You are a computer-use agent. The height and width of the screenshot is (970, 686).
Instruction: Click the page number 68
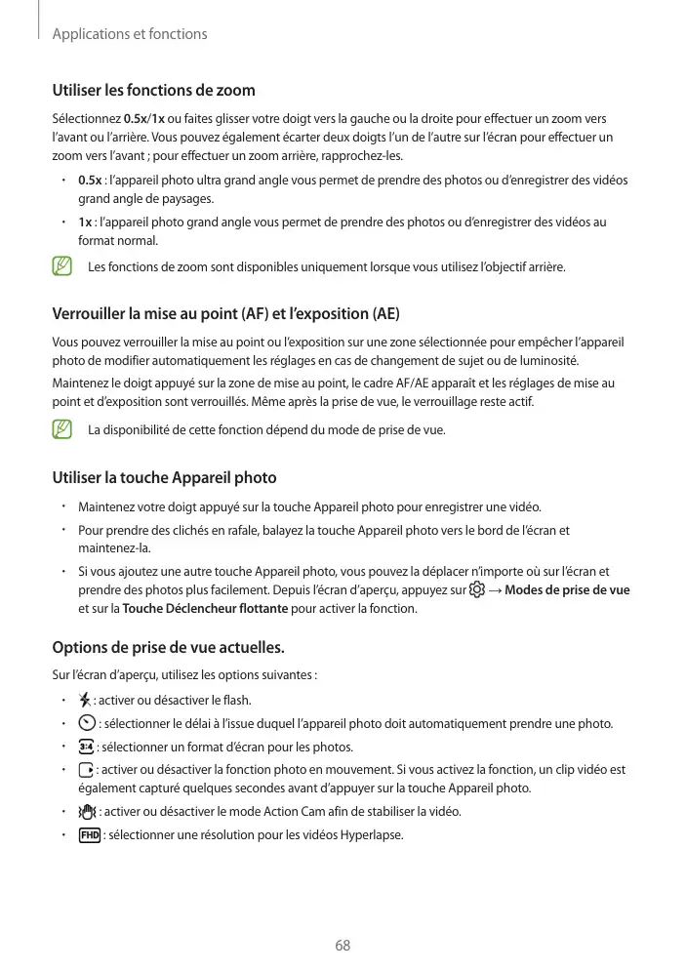[x=343, y=945]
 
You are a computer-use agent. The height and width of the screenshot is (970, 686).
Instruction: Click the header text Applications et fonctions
[x=130, y=34]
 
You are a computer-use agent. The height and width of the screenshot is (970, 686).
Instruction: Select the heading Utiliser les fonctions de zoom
[x=153, y=91]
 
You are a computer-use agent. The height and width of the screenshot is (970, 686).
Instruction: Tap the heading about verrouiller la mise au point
[x=225, y=314]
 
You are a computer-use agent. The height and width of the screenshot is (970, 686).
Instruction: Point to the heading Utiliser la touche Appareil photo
[x=164, y=477]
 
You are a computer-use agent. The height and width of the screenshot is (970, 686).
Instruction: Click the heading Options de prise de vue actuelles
[x=168, y=647]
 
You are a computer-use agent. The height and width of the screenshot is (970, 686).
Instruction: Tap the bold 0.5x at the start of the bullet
[x=90, y=181]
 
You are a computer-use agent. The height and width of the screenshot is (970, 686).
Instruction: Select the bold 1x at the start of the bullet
[x=85, y=222]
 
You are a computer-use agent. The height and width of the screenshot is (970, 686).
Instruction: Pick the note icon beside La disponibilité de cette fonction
[x=62, y=429]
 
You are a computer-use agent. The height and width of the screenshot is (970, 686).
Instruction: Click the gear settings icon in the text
[x=476, y=590]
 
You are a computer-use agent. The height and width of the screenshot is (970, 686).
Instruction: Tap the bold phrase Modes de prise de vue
[x=567, y=590]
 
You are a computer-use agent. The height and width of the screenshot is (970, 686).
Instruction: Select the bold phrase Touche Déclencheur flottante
[x=205, y=609]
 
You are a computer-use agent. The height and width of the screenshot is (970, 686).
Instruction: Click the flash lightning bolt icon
[x=85, y=700]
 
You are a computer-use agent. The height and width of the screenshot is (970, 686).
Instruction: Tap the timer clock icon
[x=87, y=723]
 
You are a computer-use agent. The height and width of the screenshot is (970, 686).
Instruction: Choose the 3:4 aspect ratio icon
[x=87, y=747]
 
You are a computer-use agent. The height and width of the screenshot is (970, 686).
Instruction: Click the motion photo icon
[x=86, y=770]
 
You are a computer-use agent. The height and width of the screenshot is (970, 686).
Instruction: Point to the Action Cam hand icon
[x=88, y=812]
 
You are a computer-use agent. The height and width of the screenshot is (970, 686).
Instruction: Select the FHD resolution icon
[x=89, y=835]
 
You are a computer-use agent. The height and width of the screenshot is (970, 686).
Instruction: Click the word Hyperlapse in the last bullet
[x=371, y=835]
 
